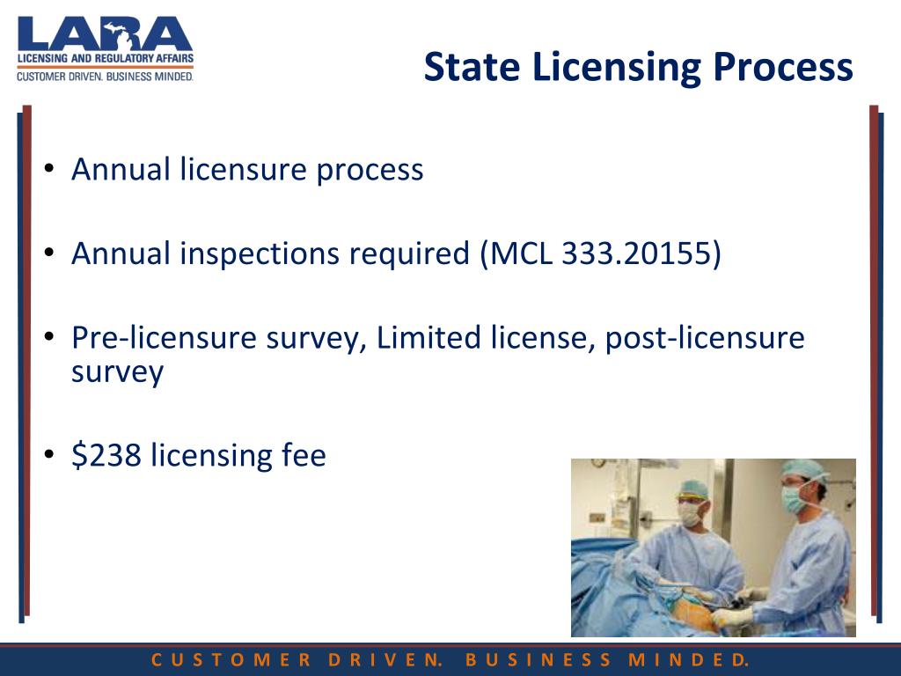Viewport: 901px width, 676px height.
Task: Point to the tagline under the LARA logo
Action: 105,77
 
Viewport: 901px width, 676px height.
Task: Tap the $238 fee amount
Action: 106,455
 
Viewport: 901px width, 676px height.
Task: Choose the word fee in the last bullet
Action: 304,455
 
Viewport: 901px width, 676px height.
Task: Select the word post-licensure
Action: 704,338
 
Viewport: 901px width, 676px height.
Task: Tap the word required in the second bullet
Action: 409,253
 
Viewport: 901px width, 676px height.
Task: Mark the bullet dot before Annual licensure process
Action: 51,169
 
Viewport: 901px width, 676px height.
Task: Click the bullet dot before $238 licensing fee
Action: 51,455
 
